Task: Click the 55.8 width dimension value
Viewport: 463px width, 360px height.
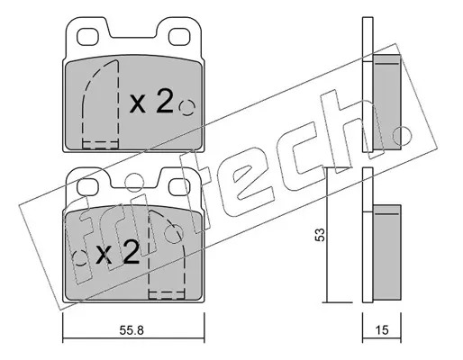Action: click(132, 330)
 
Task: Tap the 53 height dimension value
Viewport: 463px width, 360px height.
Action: click(320, 235)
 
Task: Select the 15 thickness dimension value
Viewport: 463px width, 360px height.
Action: click(382, 330)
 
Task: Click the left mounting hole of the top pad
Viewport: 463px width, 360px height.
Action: click(87, 37)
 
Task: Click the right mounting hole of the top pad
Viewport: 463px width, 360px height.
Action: click(179, 37)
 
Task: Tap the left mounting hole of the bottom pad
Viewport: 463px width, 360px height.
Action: click(87, 187)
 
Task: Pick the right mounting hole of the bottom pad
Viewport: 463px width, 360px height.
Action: click(179, 187)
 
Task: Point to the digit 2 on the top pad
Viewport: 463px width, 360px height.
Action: click(164, 102)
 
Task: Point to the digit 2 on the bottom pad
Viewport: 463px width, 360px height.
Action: click(130, 252)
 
